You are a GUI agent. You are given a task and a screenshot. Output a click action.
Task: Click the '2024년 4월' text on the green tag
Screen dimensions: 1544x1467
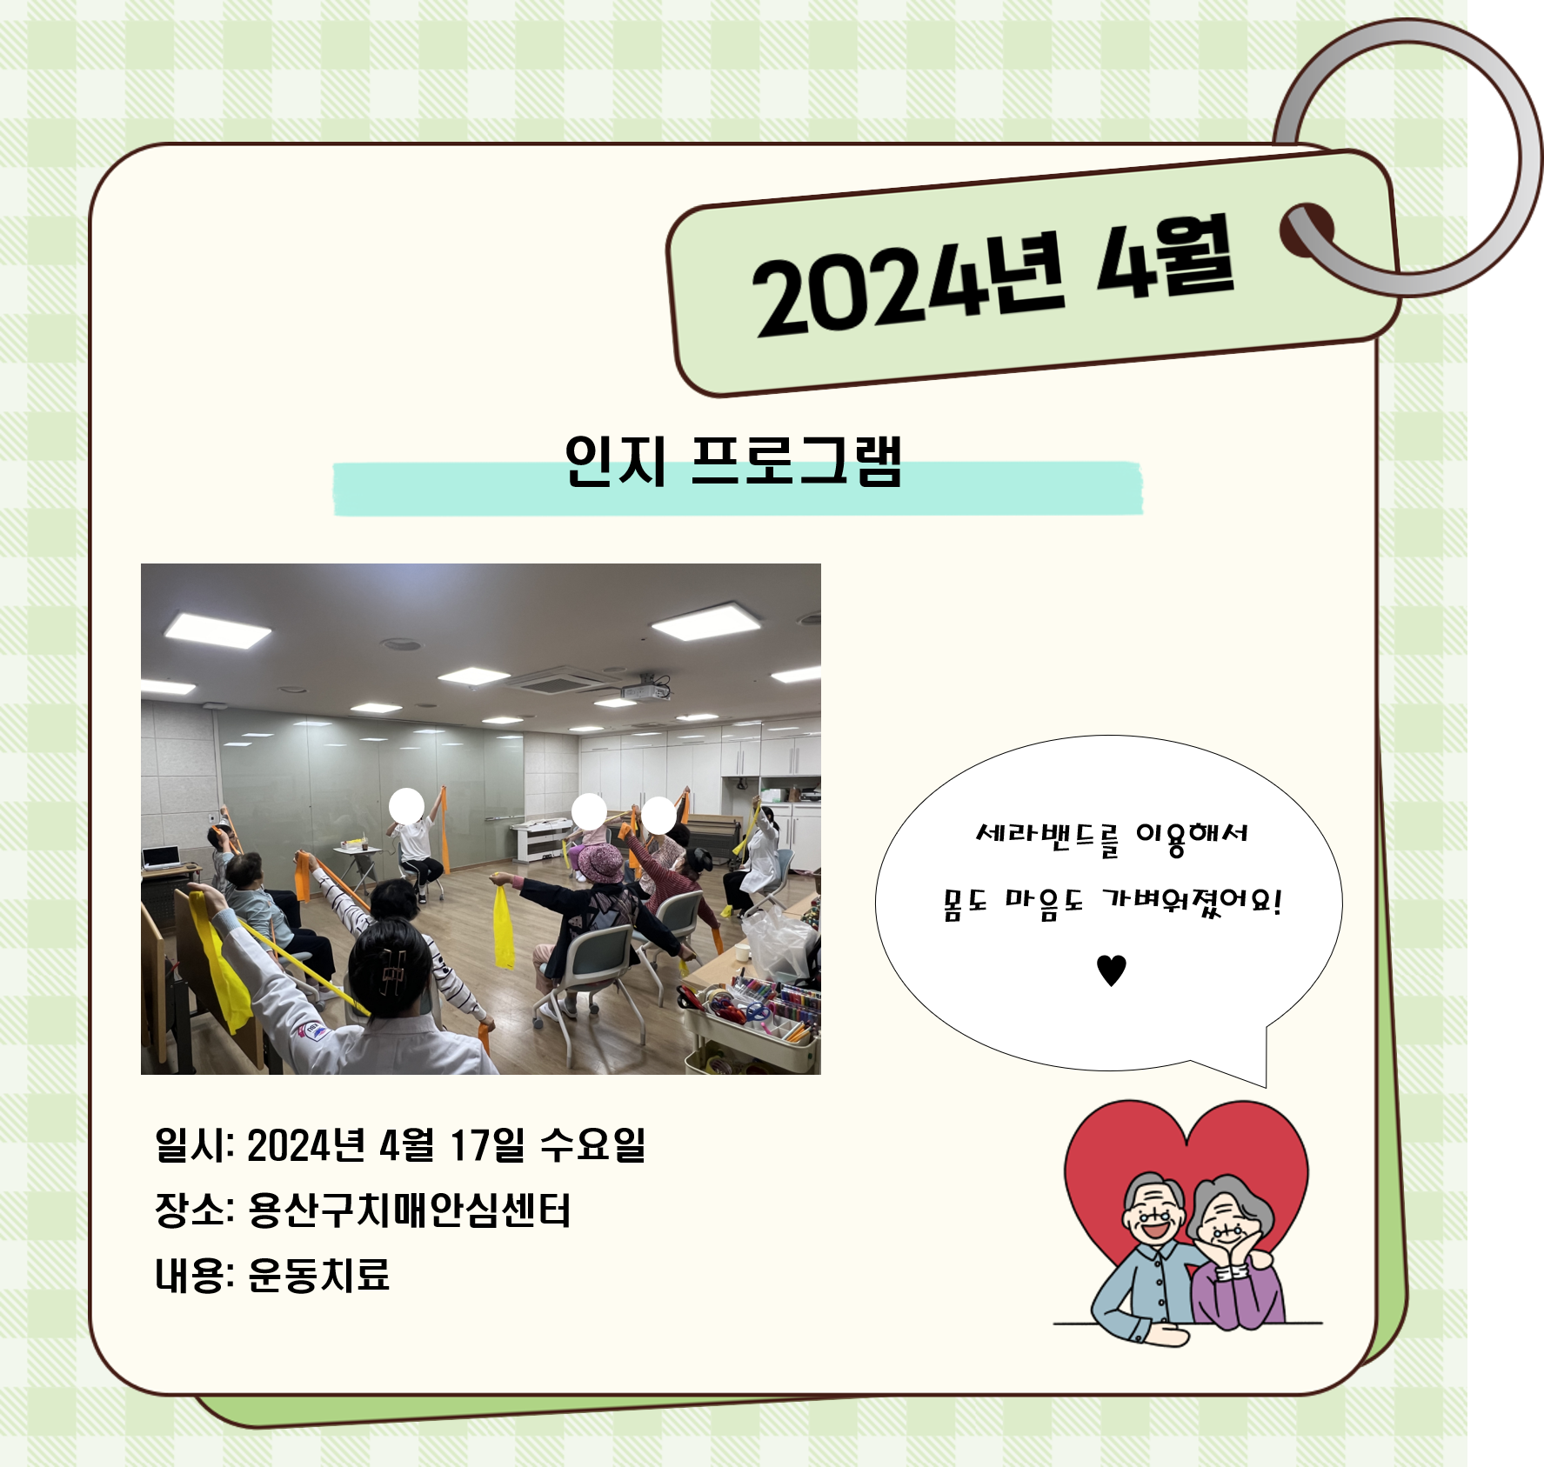[993, 276]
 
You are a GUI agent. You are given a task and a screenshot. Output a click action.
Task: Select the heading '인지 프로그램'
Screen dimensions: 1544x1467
[732, 460]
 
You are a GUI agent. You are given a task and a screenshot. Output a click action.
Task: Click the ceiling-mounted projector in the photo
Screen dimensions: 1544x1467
[645, 690]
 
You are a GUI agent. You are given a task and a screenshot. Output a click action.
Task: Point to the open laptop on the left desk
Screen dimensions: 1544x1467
[161, 857]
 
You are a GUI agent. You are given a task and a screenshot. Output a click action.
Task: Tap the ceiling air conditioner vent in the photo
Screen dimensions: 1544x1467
[562, 680]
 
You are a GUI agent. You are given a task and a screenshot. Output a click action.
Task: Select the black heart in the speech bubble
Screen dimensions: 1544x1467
[1111, 970]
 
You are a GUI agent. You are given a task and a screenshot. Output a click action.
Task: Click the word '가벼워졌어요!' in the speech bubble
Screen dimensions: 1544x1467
[1192, 903]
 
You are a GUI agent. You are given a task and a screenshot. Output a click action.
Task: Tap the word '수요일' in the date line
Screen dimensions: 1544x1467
[592, 1144]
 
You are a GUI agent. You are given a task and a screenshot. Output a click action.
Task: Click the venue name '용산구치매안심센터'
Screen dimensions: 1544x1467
[409, 1210]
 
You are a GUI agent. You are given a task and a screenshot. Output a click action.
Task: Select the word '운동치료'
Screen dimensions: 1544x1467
[318, 1275]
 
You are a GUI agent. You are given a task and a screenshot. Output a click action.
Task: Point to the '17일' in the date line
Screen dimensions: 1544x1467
[487, 1144]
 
